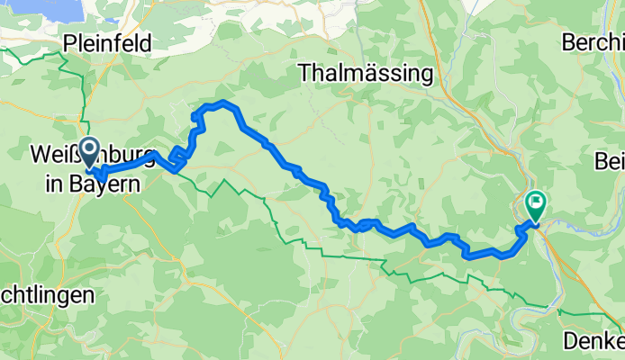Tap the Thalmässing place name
(365, 72)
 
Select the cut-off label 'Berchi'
(592, 42)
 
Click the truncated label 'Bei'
(609, 161)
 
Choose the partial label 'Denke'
(593, 341)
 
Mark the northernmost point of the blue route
(222, 103)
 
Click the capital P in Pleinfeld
(69, 42)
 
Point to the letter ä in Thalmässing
(365, 72)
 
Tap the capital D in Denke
(570, 341)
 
